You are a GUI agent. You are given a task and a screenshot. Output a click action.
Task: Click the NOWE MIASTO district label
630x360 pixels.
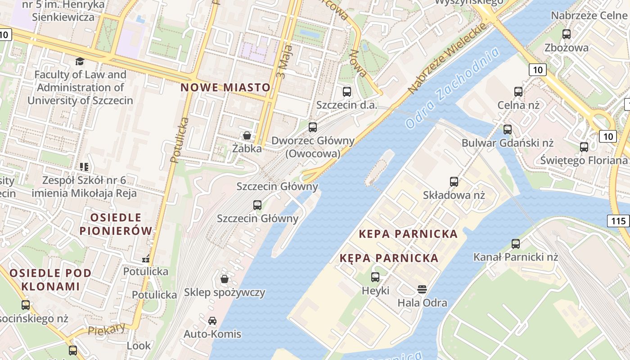click(225, 87)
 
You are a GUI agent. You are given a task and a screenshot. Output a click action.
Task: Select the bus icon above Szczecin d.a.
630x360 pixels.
click(347, 92)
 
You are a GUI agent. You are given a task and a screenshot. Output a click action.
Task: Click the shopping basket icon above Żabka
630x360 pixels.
click(247, 135)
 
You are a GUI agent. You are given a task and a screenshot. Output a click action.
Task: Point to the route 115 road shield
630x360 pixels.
click(618, 220)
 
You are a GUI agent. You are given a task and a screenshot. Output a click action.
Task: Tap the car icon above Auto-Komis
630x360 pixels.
click(212, 321)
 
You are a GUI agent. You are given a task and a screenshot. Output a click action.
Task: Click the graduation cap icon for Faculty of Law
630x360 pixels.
click(80, 61)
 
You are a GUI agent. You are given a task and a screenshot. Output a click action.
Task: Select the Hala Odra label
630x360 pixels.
click(422, 302)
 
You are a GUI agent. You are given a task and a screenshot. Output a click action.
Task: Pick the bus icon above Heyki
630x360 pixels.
click(375, 277)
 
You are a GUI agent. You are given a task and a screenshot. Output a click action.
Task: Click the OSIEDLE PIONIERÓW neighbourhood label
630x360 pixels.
click(116, 224)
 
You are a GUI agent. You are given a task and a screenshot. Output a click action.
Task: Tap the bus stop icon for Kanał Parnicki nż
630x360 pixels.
click(516, 244)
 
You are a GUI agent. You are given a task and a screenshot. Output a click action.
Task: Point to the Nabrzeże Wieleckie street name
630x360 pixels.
click(448, 58)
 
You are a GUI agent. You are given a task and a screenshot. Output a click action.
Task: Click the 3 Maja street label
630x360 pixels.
click(285, 61)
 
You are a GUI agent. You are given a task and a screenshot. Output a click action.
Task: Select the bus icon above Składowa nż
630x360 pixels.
click(454, 182)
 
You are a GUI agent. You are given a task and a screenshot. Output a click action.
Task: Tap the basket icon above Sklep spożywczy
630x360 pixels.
click(225, 279)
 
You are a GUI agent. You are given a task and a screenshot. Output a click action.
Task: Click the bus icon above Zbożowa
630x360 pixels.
click(567, 34)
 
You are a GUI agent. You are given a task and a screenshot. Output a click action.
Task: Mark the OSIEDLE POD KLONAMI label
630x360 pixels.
click(50, 279)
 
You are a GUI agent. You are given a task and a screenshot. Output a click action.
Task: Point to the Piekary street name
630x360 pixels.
click(107, 329)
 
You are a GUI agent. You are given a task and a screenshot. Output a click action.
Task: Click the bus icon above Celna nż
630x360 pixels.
click(518, 92)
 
